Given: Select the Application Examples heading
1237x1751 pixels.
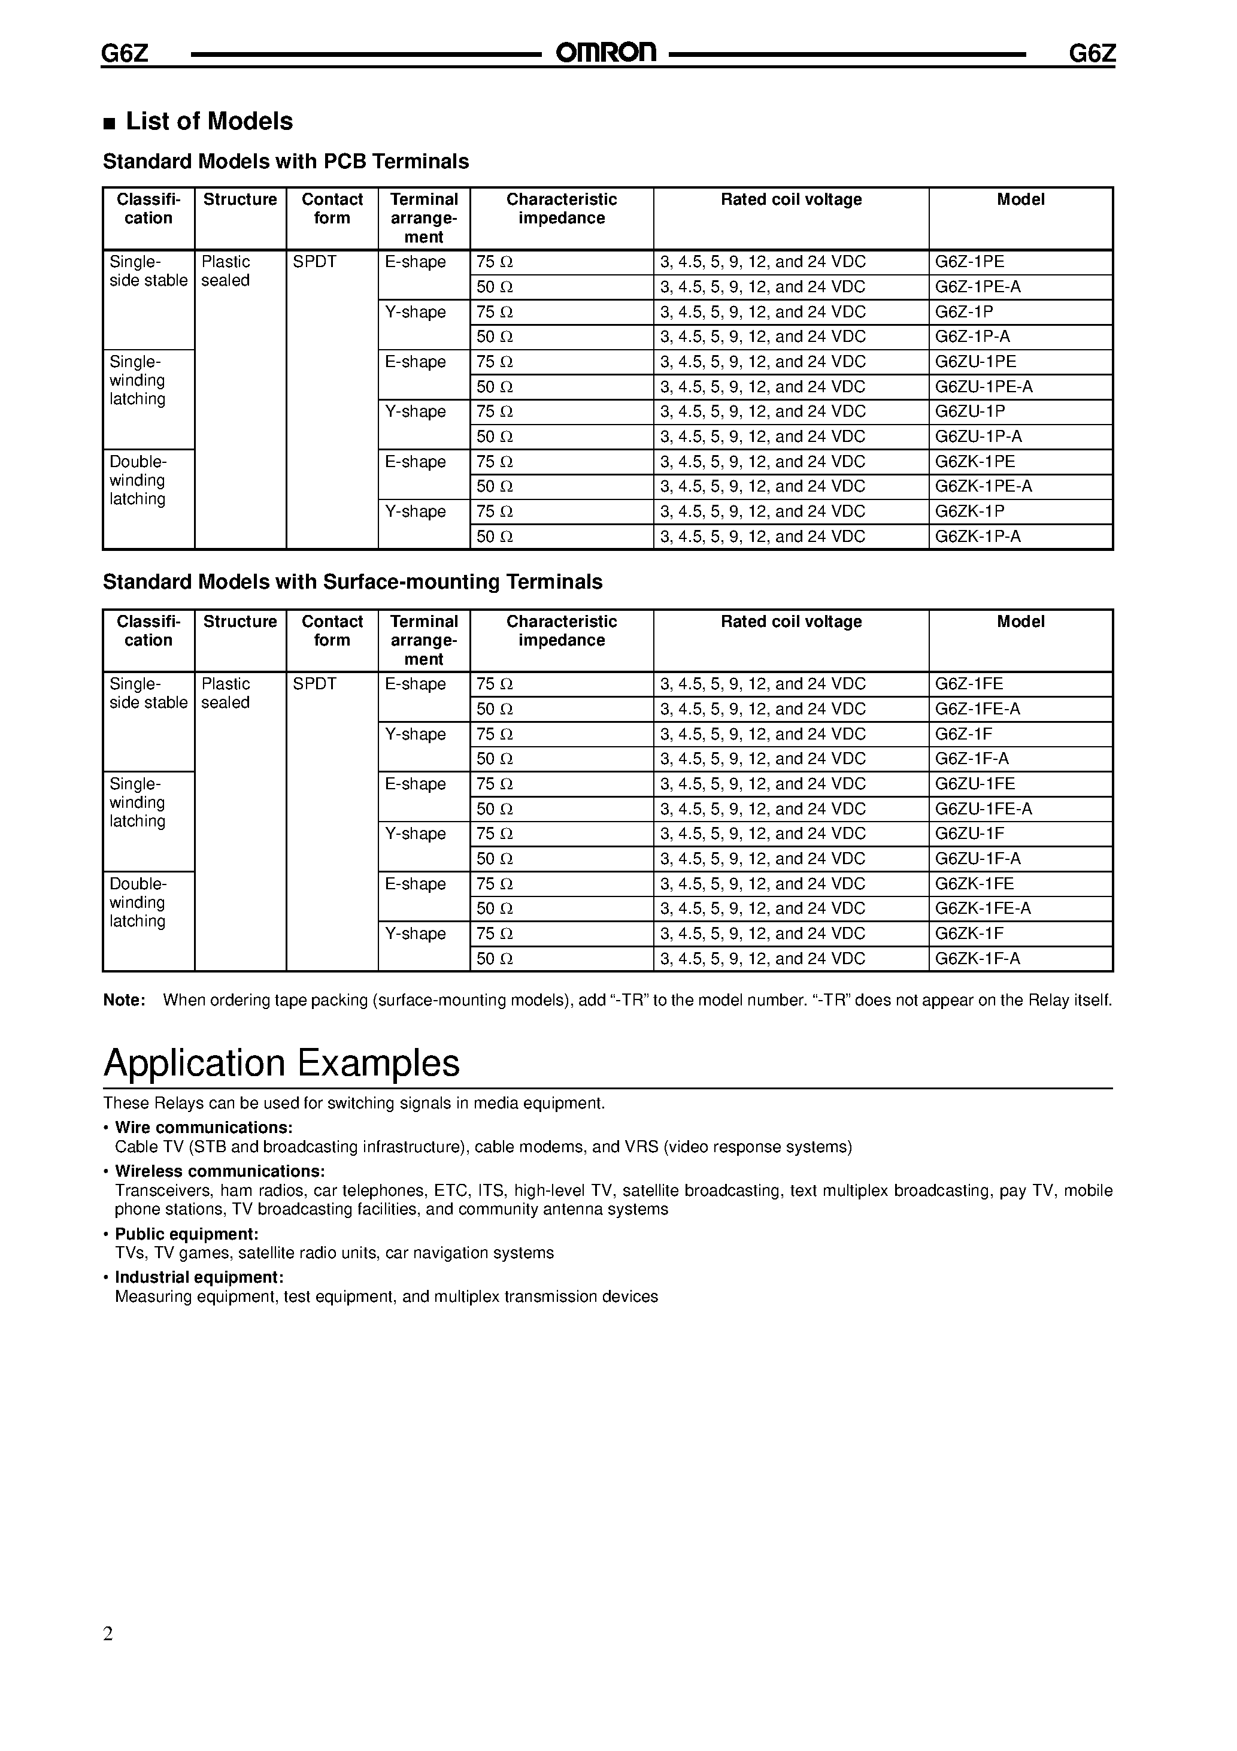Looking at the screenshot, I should tap(281, 1062).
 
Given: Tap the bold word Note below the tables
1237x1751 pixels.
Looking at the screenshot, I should tap(123, 1000).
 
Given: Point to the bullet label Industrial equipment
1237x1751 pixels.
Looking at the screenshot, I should tap(199, 1277).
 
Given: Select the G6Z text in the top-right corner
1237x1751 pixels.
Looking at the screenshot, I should tap(1092, 53).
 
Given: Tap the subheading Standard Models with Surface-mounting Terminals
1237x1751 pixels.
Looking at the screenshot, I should tap(352, 582).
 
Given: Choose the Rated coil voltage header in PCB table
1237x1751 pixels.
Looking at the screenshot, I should tap(791, 200).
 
